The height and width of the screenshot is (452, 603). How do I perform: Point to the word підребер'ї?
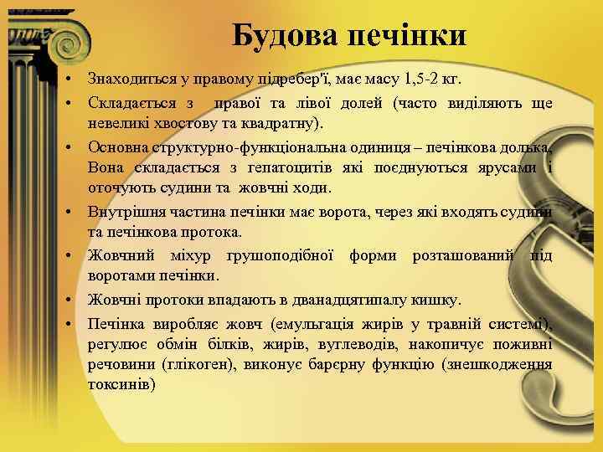click(x=290, y=80)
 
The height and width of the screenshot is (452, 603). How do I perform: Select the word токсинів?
click(x=121, y=386)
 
